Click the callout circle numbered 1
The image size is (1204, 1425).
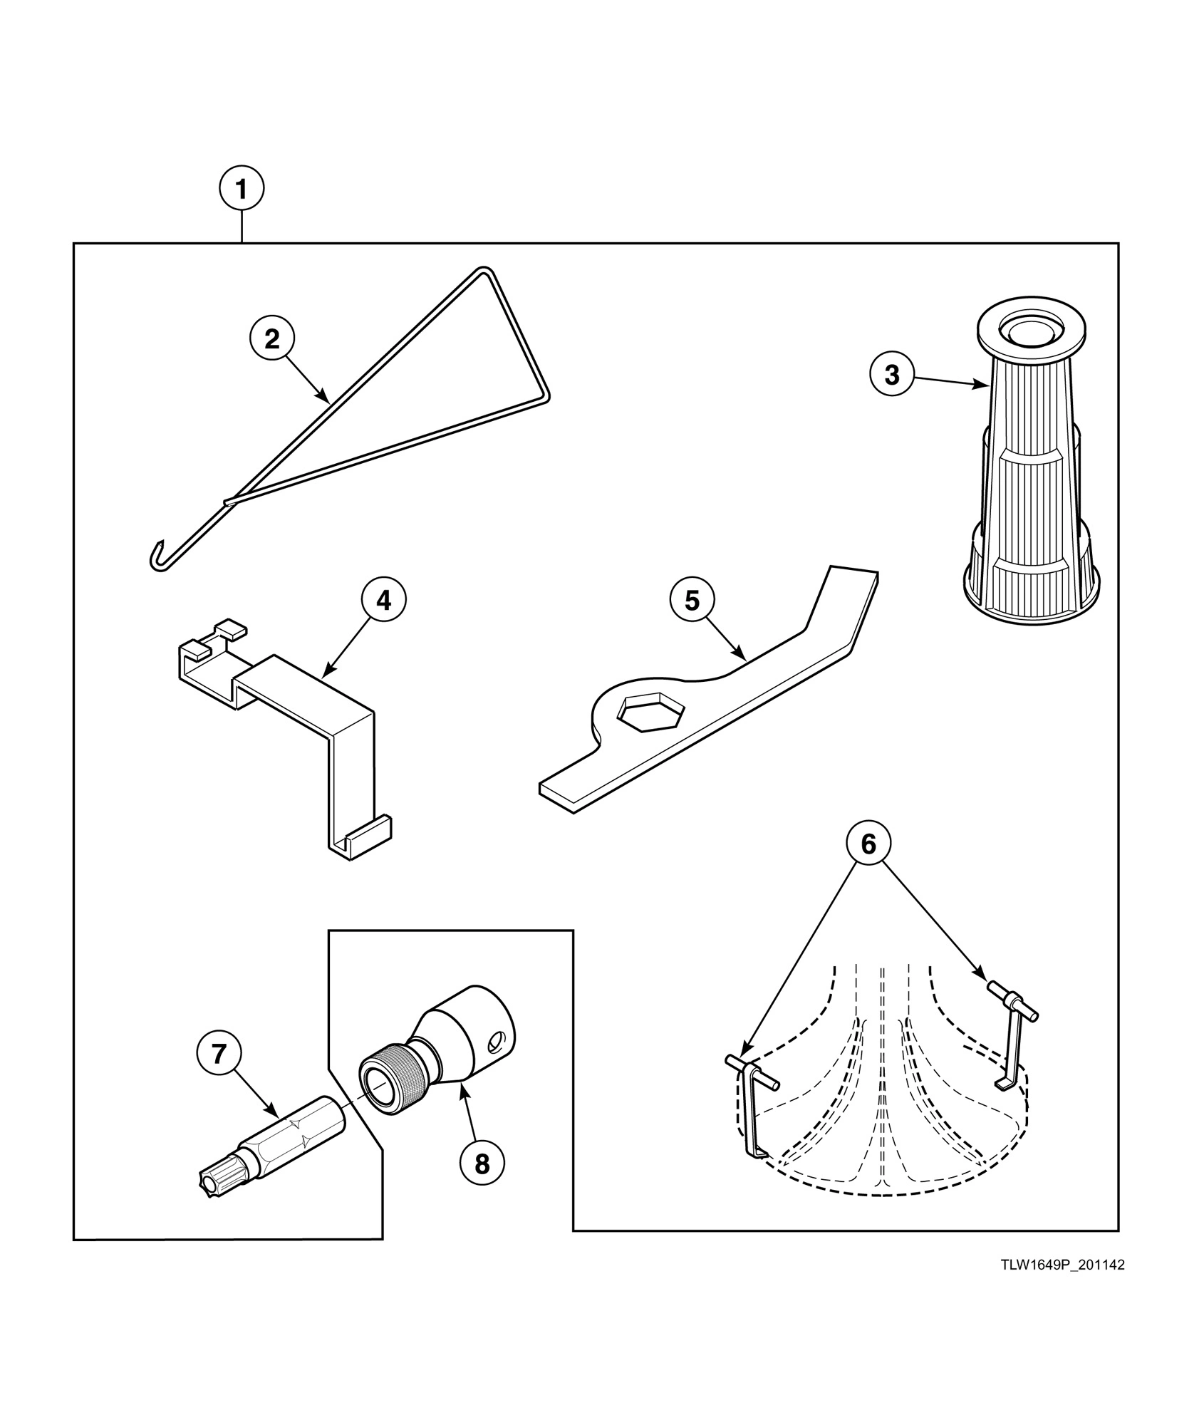[241, 189]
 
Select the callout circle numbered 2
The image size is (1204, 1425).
[272, 339]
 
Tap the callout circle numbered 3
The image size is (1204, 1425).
[892, 374]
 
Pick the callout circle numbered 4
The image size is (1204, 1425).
[383, 601]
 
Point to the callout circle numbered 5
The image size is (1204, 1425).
[692, 601]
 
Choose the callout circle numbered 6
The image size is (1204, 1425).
[868, 844]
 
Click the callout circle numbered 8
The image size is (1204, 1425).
[482, 1164]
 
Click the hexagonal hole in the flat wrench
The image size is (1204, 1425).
[650, 710]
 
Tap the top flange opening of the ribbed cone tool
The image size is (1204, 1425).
[1030, 329]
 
